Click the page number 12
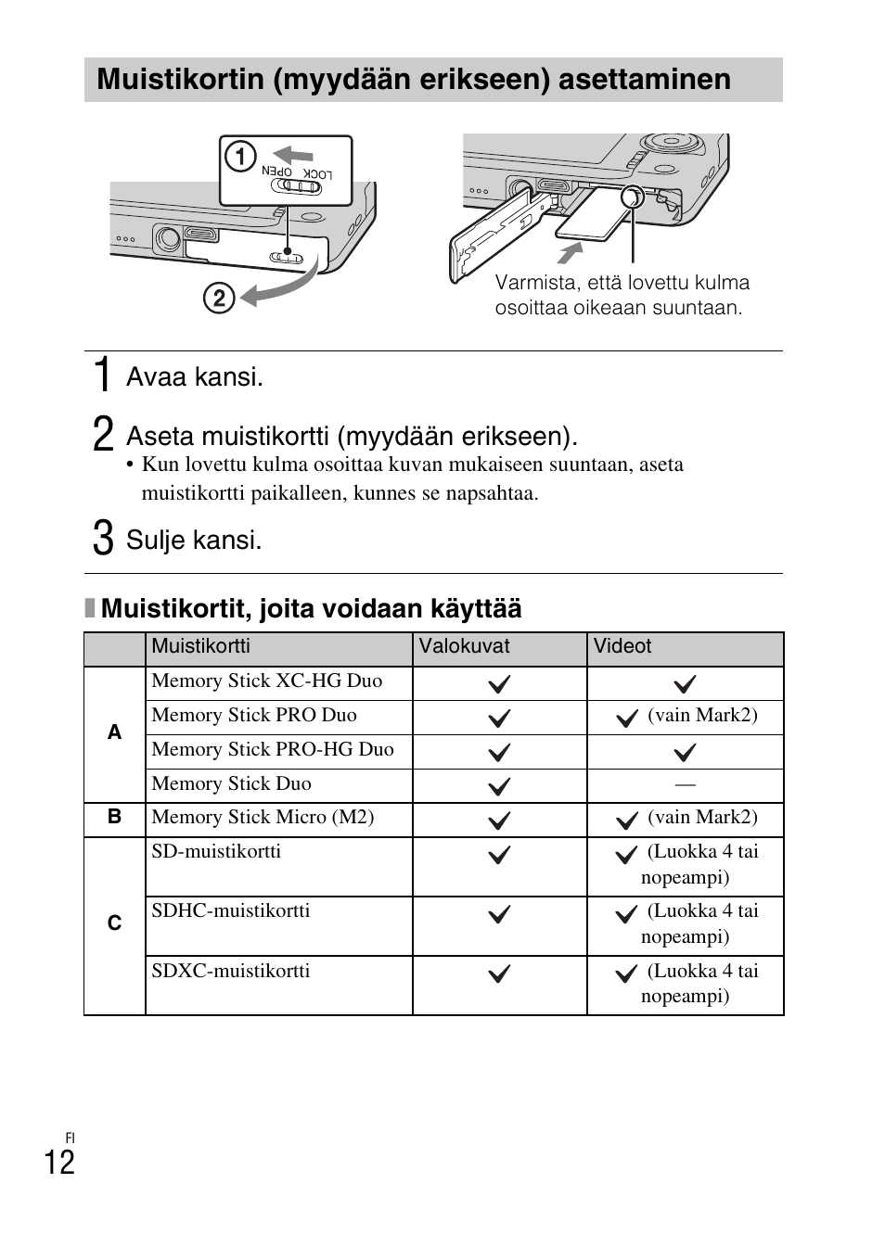click(x=59, y=1162)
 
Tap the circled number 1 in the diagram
click(x=240, y=157)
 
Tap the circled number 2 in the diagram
click(x=219, y=298)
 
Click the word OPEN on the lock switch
click(x=276, y=172)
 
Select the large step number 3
click(x=103, y=539)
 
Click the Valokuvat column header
click(x=464, y=646)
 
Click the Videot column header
click(x=622, y=646)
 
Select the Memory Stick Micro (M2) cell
click(x=263, y=817)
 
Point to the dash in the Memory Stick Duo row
click(x=685, y=784)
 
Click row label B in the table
click(x=114, y=817)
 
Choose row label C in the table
click(x=114, y=923)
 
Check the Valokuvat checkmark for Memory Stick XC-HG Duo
click(x=499, y=684)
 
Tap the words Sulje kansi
click(x=194, y=540)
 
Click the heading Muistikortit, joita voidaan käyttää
click(x=311, y=608)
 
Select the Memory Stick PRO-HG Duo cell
click(x=273, y=749)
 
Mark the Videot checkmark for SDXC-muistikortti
click(x=627, y=973)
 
